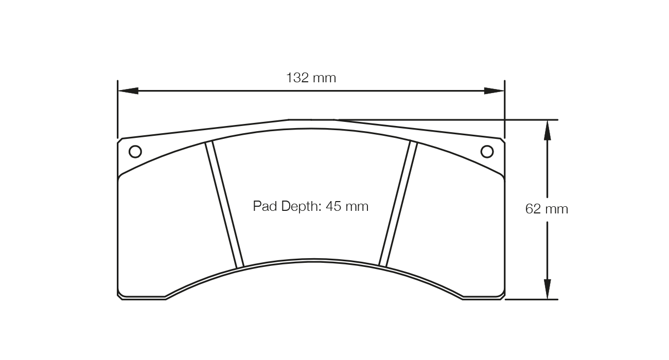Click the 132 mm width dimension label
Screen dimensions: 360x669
311,78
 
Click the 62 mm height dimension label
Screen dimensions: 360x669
547,209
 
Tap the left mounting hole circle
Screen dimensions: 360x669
135,152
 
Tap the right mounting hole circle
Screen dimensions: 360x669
487,152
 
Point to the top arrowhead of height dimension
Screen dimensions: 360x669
547,130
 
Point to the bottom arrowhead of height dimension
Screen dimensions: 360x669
547,289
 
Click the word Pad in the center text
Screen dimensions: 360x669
265,207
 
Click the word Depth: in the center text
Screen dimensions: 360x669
302,207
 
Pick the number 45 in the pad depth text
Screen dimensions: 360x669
333,207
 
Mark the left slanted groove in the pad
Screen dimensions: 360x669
224,205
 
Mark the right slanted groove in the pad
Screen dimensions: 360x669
397,205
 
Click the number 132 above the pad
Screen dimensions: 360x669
298,78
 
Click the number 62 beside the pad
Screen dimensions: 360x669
533,209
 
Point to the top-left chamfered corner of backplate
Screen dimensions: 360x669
120,140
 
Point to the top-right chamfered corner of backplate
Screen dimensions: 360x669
502,140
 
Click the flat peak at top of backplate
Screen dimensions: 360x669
311,120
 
